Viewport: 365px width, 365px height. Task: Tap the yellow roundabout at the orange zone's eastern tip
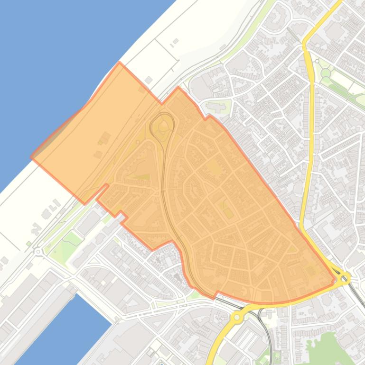click(344, 277)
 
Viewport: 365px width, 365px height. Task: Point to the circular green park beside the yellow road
click(325, 73)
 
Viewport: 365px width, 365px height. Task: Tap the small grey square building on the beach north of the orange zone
click(149, 80)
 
